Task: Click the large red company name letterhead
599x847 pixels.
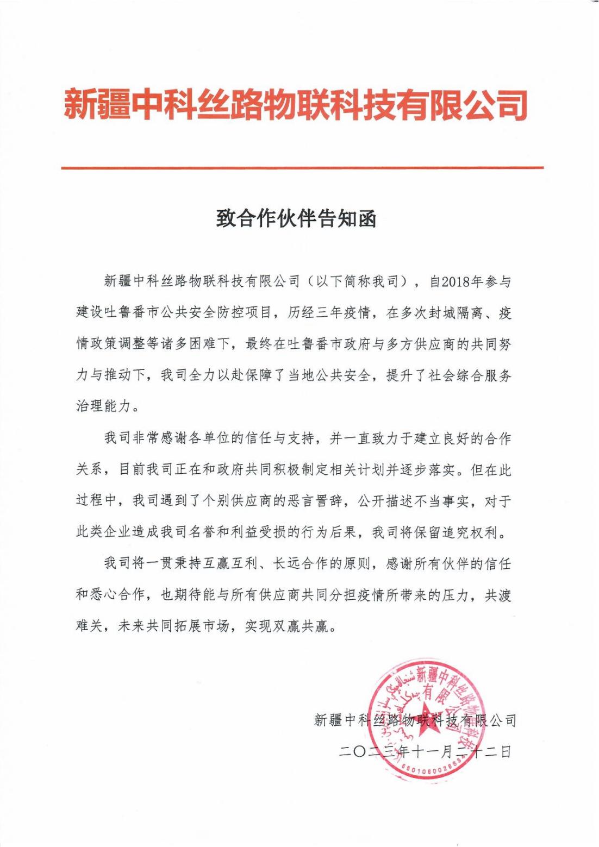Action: tap(296, 104)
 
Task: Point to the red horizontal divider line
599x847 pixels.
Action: tap(302, 168)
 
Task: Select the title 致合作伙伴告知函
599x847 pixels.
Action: tap(296, 219)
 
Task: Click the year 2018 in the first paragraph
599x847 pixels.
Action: tap(457, 281)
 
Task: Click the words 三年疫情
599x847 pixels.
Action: tap(344, 313)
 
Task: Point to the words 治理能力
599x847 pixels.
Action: tap(103, 406)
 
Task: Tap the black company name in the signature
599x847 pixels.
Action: tap(415, 720)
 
